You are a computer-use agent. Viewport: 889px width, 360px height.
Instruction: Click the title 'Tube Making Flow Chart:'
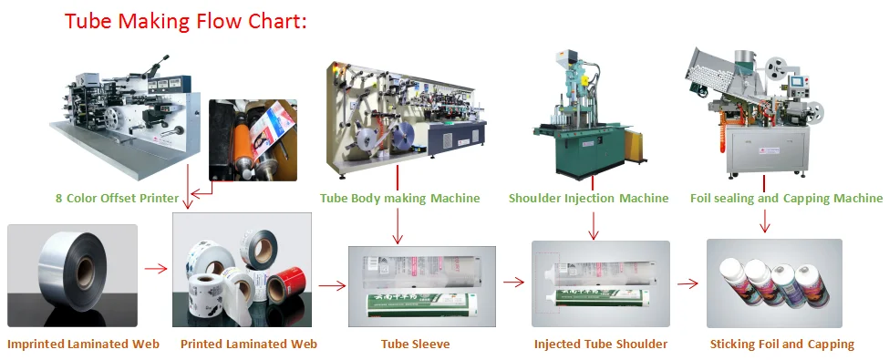pos(185,21)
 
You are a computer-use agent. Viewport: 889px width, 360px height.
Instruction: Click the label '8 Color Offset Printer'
pos(117,198)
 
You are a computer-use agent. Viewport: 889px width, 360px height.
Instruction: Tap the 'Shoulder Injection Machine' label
pos(588,198)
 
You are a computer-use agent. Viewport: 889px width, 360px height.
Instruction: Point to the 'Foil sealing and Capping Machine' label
pos(786,198)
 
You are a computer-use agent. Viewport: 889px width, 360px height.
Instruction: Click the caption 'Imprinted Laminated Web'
pos(83,344)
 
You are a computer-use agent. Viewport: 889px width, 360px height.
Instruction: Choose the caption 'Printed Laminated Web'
pos(249,344)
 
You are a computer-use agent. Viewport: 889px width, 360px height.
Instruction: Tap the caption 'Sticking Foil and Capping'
pos(781,344)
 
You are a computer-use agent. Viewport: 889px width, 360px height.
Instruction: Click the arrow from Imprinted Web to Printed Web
pos(156,269)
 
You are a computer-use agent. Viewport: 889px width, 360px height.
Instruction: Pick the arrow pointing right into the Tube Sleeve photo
pos(332,284)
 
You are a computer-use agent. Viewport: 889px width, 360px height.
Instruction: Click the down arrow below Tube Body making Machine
pos(398,225)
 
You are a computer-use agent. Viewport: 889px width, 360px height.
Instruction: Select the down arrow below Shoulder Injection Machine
pos(594,223)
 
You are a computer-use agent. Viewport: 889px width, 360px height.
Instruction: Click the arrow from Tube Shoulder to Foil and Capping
pos(688,283)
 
